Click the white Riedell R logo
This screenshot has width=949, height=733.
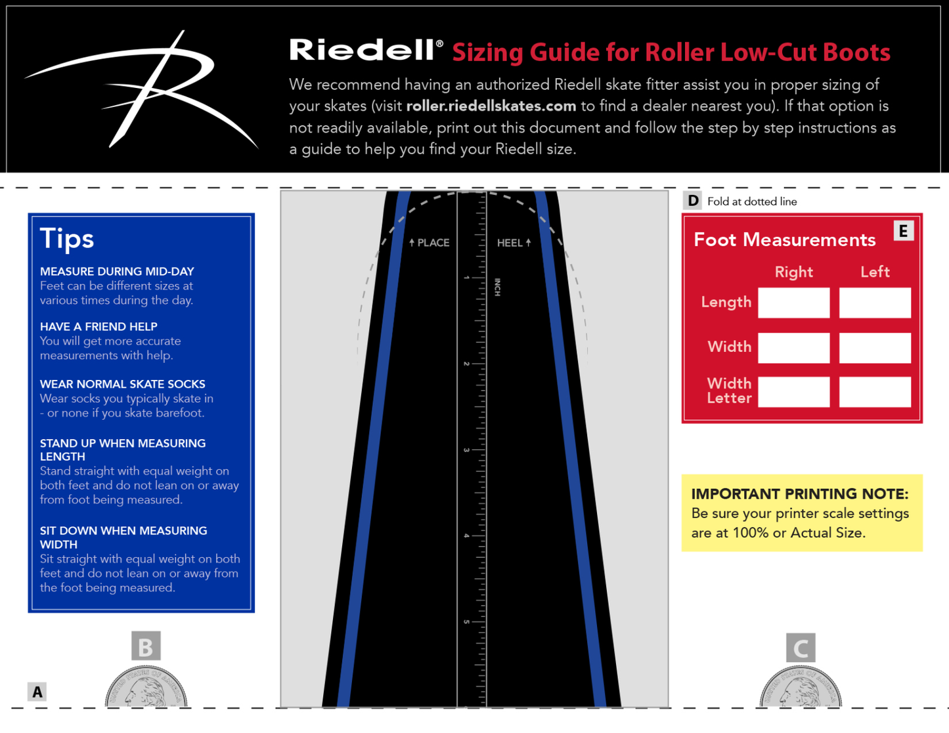click(151, 89)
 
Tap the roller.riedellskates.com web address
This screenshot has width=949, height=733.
click(491, 106)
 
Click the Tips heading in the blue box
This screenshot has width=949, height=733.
click(67, 239)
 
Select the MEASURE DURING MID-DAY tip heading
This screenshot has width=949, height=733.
click(117, 271)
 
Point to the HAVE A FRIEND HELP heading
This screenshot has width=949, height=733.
click(99, 326)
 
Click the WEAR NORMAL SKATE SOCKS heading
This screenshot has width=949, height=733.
click(122, 384)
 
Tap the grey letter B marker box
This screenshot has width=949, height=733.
click(146, 646)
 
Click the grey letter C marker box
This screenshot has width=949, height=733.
click(801, 648)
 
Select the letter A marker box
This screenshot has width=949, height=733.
click(37, 692)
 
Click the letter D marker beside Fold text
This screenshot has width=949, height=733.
click(693, 201)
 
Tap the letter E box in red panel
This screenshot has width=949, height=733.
click(903, 231)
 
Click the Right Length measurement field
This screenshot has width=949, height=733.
click(793, 303)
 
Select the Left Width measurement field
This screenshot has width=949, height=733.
click(875, 347)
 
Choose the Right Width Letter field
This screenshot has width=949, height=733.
click(793, 392)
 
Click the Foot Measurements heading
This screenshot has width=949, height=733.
click(784, 240)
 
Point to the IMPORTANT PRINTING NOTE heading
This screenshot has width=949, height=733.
click(799, 493)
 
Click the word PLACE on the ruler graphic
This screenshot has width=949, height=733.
click(433, 243)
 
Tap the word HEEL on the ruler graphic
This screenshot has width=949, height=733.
click(509, 243)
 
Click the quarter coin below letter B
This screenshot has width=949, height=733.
click(146, 689)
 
